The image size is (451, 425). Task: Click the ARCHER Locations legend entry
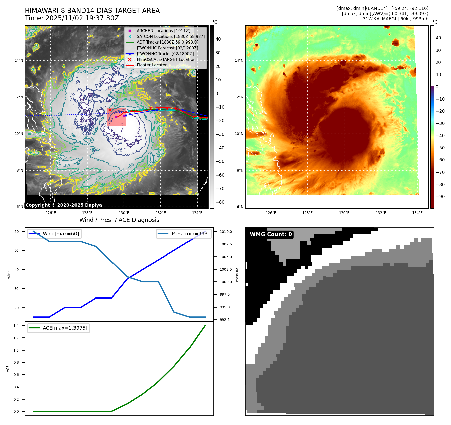[163, 31]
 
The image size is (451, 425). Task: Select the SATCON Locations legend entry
[171, 36]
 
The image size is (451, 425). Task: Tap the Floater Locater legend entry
[152, 65]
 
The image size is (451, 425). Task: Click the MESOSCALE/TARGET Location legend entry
[166, 59]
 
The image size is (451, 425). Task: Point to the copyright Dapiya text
[64, 205]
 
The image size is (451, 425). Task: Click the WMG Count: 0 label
[271, 234]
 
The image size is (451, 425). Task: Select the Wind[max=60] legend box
[54, 234]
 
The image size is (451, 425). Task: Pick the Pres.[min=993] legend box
[184, 234]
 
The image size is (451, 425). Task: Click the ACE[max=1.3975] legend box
[58, 328]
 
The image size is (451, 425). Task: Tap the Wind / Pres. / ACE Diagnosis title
[119, 220]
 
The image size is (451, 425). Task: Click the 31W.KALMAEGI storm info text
[395, 19]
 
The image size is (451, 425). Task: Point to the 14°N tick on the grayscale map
[19, 60]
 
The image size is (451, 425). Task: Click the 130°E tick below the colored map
[344, 213]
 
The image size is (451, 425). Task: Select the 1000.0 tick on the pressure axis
[226, 282]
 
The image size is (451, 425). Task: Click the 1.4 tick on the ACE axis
[16, 326]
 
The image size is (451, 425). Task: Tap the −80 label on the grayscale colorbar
[220, 202]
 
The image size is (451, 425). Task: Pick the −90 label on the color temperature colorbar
[440, 197]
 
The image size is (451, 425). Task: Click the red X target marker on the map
[110, 110]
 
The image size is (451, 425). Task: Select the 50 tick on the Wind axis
[17, 250]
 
